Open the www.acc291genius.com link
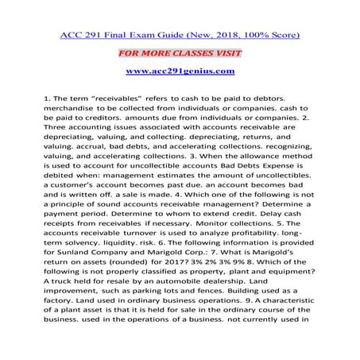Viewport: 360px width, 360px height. [x=180, y=72]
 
